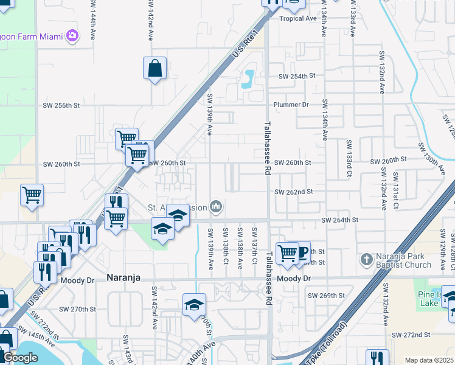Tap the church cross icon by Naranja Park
(x=366, y=260)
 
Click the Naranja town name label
(x=123, y=277)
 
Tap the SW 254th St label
(x=297, y=77)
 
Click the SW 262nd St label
(x=293, y=192)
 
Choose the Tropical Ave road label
(x=298, y=18)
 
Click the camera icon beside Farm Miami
(x=73, y=36)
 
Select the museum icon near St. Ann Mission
(x=216, y=207)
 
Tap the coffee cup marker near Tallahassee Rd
(x=300, y=252)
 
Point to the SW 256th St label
(x=61, y=105)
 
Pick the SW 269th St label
(x=326, y=296)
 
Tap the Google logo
(x=20, y=358)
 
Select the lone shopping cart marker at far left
(x=32, y=195)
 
